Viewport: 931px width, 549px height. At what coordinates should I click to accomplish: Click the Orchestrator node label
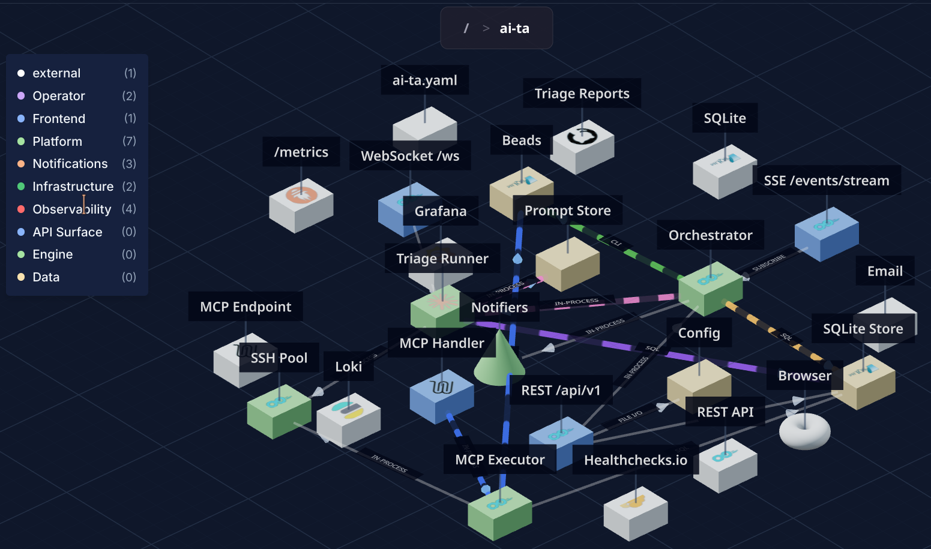710,235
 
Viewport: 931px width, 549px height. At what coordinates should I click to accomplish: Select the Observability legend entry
71,209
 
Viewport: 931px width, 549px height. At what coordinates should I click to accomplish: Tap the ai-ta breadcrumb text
514,28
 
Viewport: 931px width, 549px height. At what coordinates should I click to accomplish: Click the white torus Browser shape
804,430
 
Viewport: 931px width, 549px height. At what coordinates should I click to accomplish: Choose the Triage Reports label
581,94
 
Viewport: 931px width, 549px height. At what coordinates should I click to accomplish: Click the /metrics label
301,152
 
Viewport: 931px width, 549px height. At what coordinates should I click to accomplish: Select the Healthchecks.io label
635,460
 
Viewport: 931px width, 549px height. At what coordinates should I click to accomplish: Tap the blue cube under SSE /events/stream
826,235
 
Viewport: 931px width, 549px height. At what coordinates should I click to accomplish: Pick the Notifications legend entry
70,164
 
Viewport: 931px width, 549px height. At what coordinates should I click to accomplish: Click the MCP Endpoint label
245,307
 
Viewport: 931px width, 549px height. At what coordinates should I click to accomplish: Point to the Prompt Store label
567,211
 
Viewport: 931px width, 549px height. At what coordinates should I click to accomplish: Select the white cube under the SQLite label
724,172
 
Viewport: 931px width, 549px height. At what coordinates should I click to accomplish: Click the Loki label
348,367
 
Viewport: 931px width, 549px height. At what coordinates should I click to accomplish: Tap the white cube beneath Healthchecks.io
635,513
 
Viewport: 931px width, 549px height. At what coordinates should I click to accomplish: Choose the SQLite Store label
862,329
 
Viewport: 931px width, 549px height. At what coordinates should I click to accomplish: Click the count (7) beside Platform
129,141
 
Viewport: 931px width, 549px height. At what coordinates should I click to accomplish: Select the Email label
884,271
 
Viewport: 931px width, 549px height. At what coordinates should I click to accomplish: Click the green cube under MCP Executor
499,513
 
